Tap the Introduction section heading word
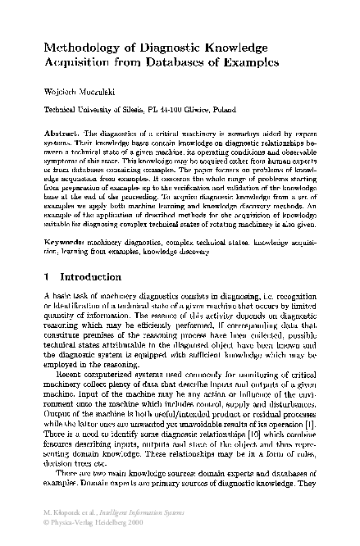coord(91,278)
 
